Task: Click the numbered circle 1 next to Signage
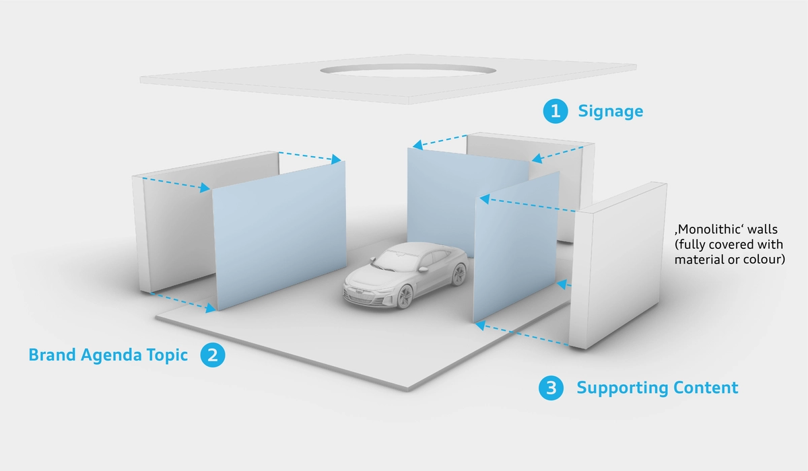coord(555,111)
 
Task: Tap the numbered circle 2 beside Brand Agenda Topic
coord(213,355)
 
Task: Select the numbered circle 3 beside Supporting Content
coord(551,388)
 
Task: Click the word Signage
coord(610,111)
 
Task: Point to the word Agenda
coord(111,356)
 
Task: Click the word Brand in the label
coord(53,355)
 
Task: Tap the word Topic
coord(167,356)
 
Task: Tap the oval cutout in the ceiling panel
coord(407,70)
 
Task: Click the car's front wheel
coord(405,296)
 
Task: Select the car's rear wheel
coord(459,275)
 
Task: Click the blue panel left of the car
coord(279,235)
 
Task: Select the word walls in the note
coord(762,229)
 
